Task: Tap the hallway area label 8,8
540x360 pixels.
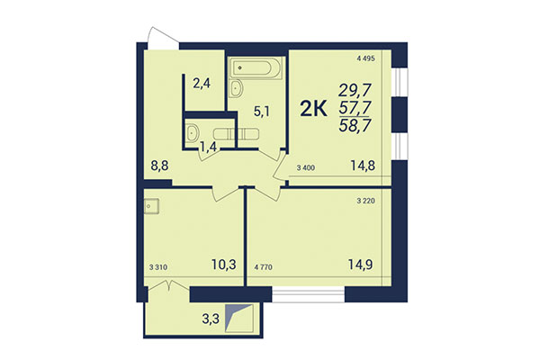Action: tap(160, 165)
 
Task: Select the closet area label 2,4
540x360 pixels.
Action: tap(202, 84)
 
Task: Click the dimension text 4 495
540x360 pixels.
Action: tap(364, 58)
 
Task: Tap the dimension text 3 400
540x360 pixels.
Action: tap(305, 166)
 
